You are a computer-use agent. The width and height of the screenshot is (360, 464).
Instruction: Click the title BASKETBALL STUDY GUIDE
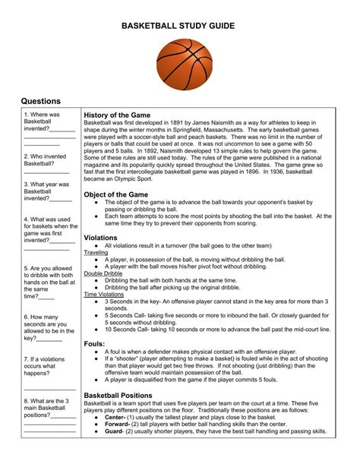pos(179,27)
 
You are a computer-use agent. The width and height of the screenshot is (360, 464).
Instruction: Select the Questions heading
pos(41,101)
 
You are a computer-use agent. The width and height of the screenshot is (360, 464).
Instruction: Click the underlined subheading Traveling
pos(96,253)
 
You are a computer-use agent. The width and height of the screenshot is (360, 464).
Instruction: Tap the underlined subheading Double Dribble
pos(104,273)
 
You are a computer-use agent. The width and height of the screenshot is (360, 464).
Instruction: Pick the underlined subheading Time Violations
pos(104,294)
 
